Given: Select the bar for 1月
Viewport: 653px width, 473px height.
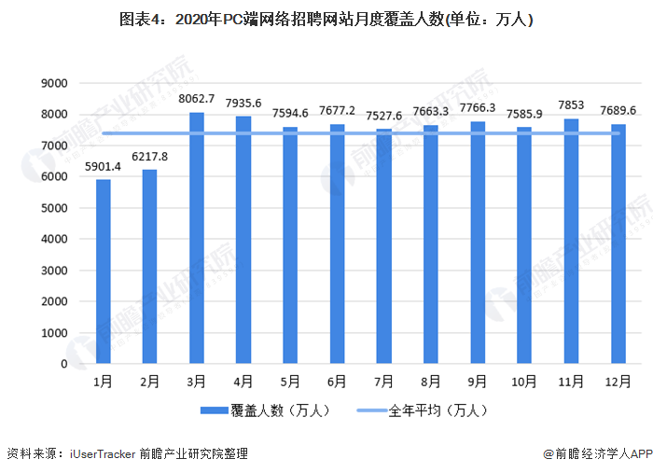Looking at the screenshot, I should click(x=103, y=271).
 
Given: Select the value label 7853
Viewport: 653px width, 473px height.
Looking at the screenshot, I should click(x=572, y=105).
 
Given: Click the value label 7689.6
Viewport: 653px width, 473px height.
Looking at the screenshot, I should click(x=618, y=110).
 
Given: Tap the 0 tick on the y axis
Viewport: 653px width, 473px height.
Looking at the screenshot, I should click(x=63, y=364).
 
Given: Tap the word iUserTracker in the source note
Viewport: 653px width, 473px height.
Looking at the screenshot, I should click(x=104, y=454).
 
